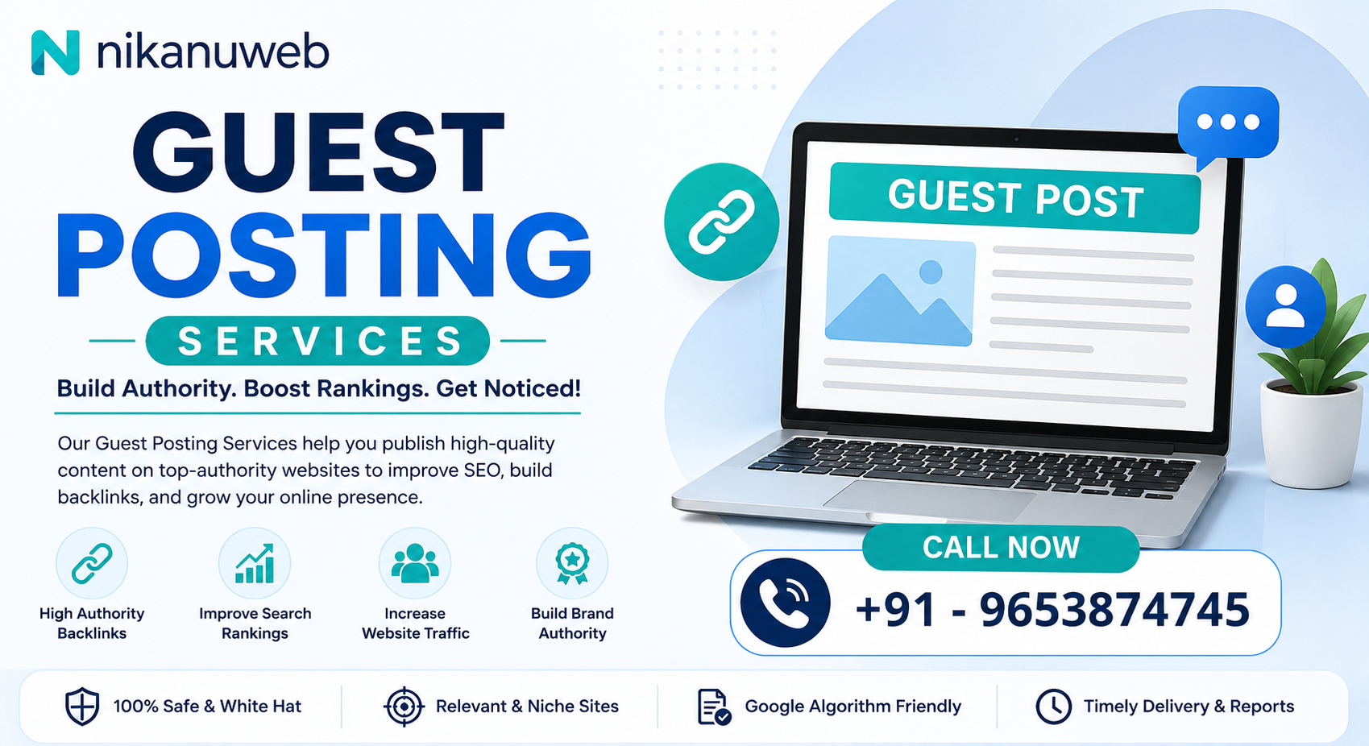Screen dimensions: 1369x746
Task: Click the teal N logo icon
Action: point(55,52)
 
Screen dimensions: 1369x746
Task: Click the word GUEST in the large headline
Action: point(318,153)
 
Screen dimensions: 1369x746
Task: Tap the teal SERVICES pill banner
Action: point(317,340)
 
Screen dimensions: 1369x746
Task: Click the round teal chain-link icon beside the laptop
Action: point(722,222)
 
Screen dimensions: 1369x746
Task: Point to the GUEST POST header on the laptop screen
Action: point(1015,198)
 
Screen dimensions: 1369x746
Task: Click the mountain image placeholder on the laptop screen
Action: point(899,291)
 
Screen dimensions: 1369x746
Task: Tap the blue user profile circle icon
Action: point(1286,306)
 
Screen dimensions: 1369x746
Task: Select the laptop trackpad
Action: point(929,500)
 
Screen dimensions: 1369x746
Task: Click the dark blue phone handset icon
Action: point(786,603)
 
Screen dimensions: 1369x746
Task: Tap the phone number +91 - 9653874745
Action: point(1053,610)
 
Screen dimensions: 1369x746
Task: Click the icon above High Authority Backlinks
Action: point(92,563)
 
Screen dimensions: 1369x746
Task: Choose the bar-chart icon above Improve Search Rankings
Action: point(255,563)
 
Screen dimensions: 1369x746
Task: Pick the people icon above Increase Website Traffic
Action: point(415,563)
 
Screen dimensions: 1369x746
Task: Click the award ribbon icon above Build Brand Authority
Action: point(572,563)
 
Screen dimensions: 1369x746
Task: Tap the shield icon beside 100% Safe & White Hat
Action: point(82,707)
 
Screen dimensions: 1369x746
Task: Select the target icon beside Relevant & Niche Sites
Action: point(404,707)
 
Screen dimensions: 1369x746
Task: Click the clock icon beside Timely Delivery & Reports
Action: point(1054,707)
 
